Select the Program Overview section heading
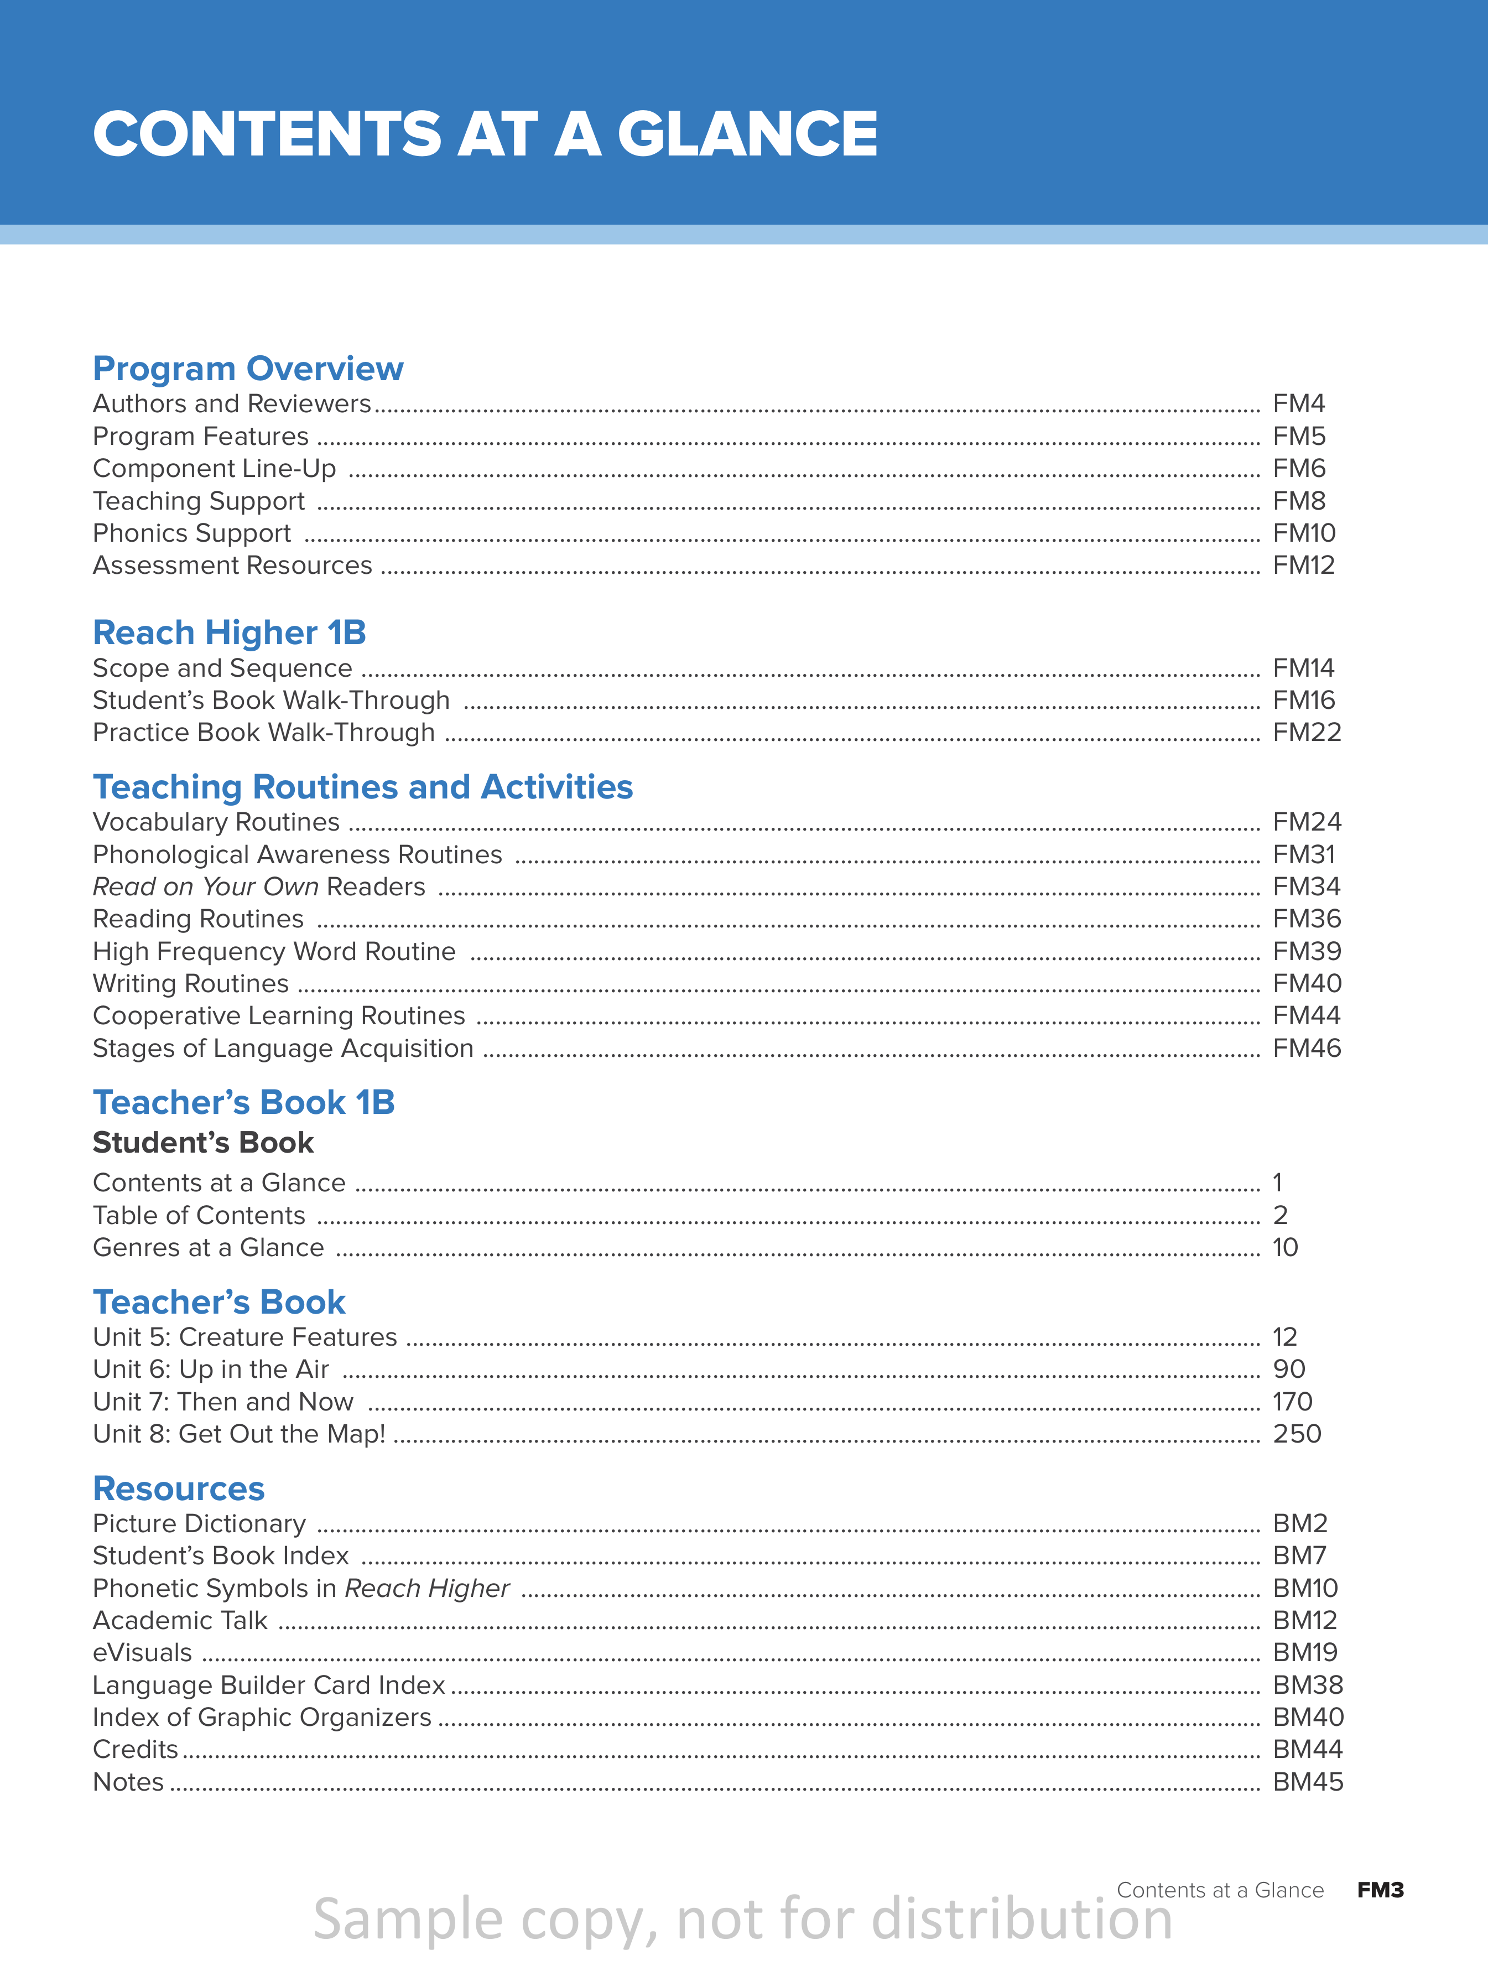coord(248,368)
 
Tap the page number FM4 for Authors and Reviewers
coord(1298,403)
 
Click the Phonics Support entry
coord(191,533)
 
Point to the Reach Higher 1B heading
coord(229,632)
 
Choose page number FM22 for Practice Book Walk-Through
coord(1306,733)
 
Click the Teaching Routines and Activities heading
coord(363,787)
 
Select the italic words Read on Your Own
coord(206,886)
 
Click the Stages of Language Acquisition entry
coord(283,1048)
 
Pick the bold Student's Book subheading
coord(203,1142)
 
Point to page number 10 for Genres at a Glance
coord(1285,1247)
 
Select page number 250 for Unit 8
coord(1297,1434)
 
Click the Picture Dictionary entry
coord(199,1524)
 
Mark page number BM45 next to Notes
coord(1307,1782)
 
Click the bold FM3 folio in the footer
coord(1380,1890)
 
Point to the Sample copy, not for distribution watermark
coord(742,1920)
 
